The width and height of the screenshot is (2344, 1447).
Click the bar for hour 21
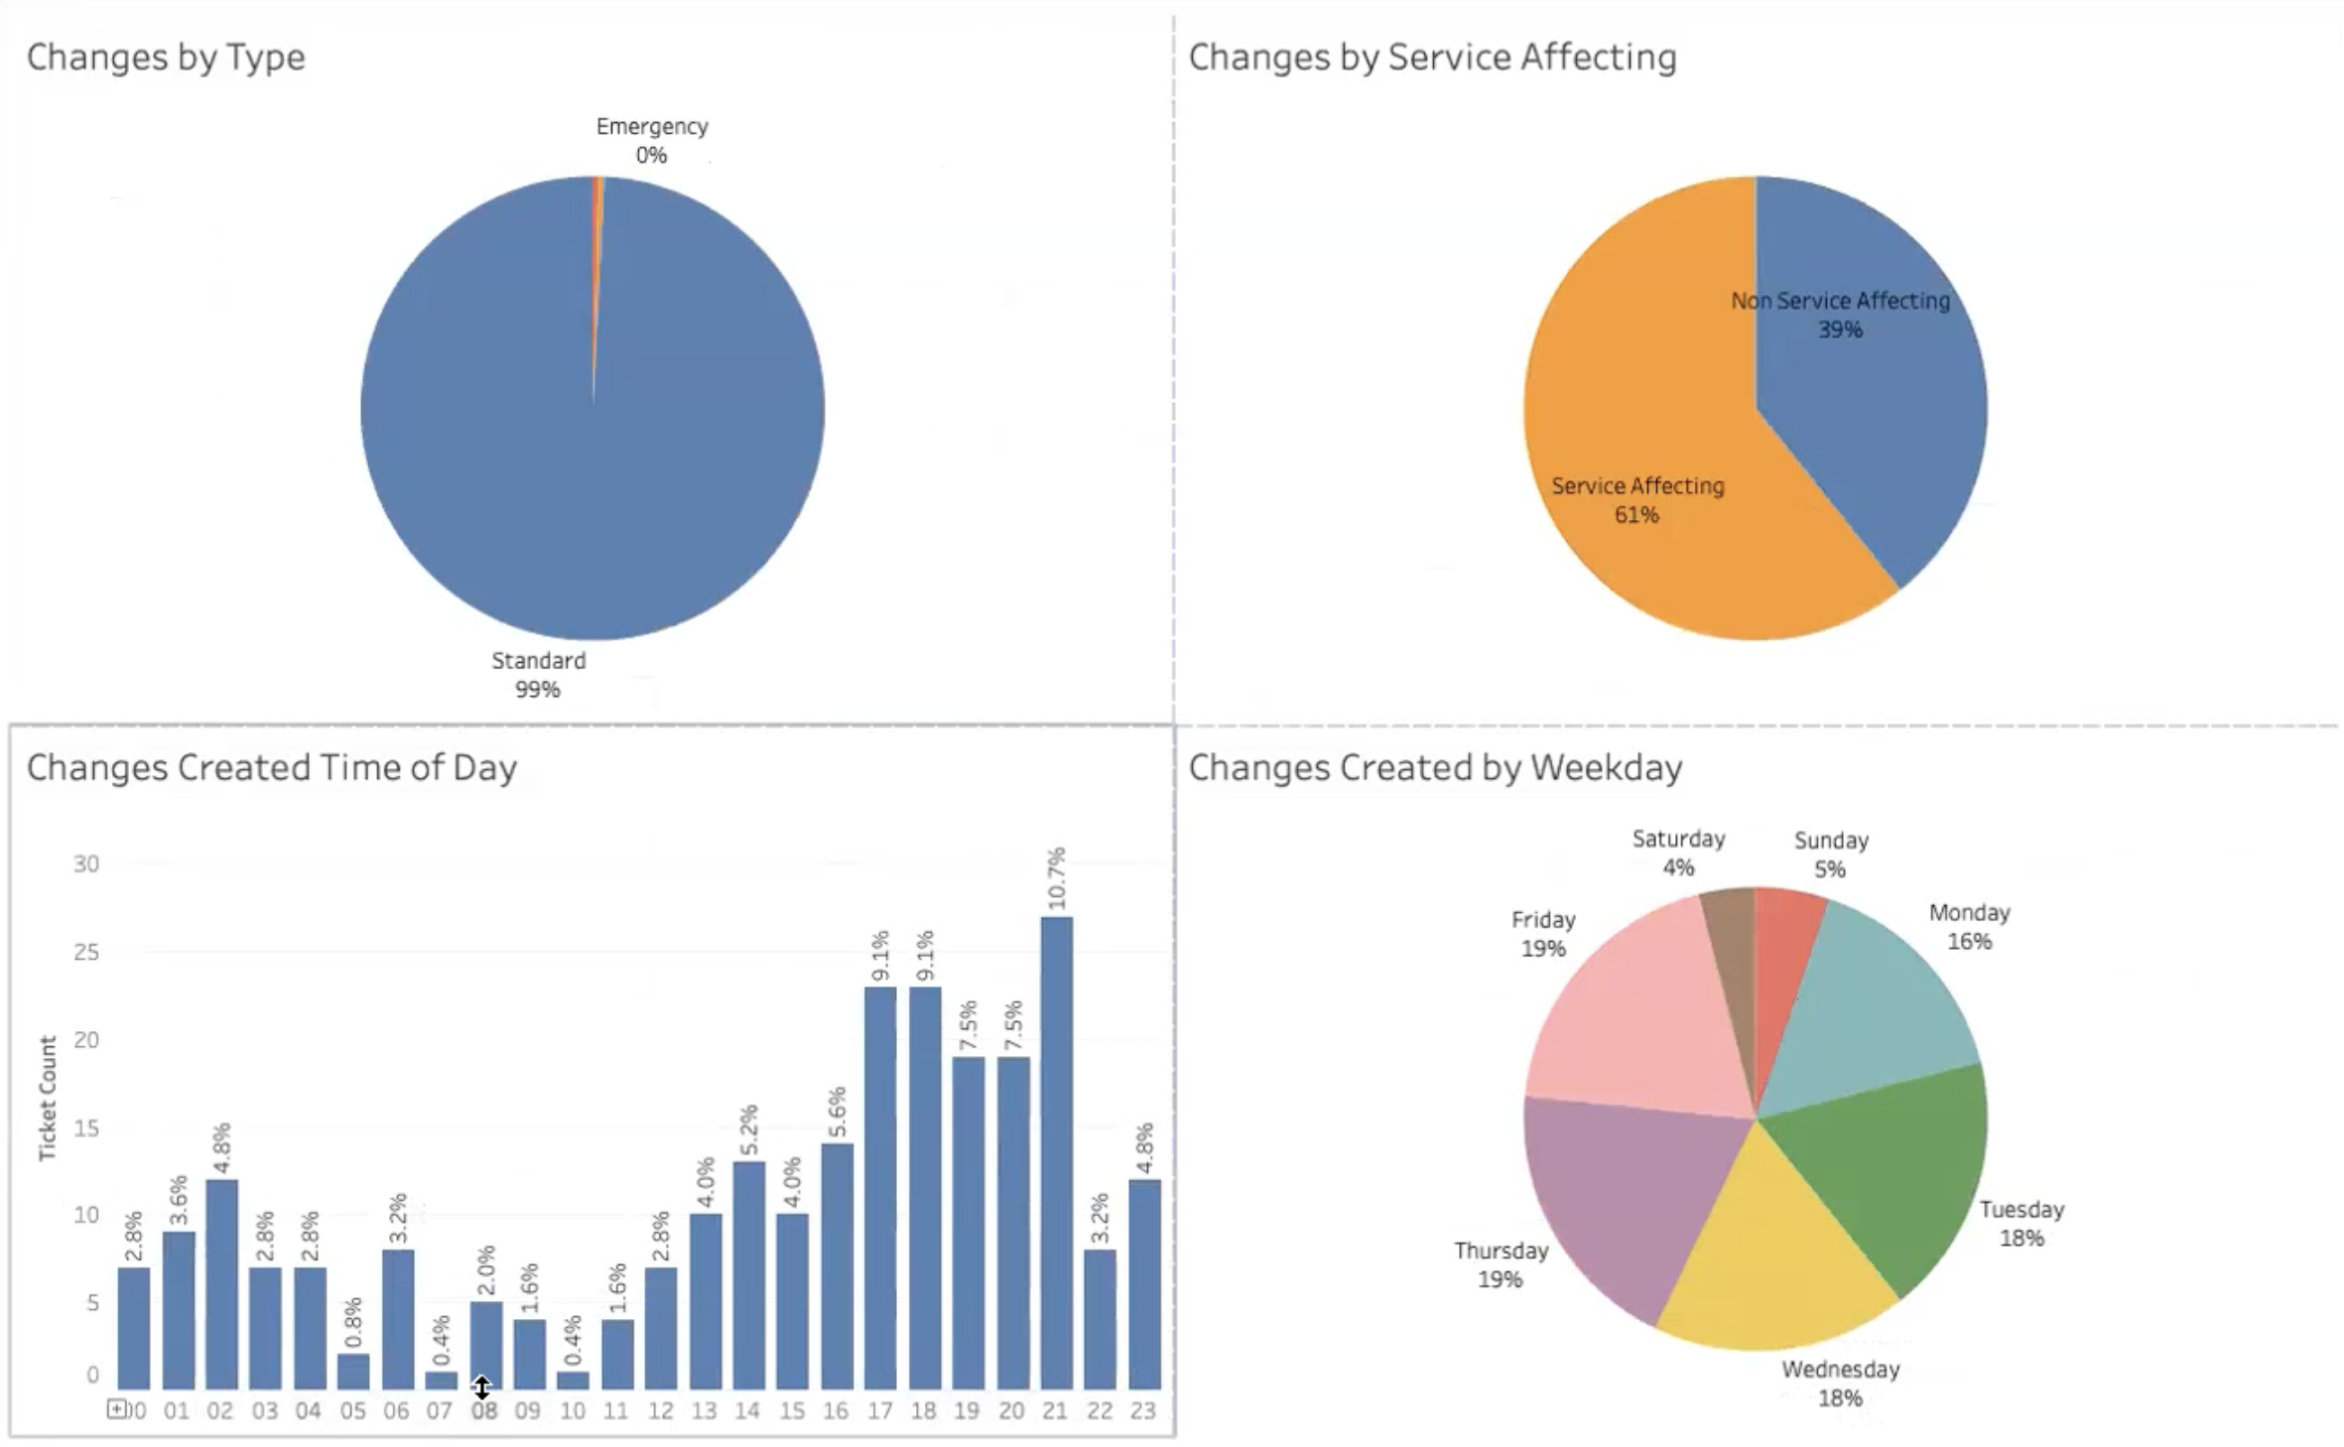(1056, 1151)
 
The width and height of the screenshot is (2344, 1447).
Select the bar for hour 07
(441, 1380)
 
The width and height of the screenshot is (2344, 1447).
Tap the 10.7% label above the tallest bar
(1056, 877)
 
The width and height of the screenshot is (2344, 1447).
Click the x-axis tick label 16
(836, 1410)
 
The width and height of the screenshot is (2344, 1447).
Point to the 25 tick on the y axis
(86, 952)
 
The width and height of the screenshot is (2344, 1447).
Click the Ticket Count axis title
(48, 1098)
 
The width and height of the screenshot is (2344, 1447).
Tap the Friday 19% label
(1543, 934)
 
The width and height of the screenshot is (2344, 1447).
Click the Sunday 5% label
(1831, 855)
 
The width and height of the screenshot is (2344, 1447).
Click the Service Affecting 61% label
(1637, 499)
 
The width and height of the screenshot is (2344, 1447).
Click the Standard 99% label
(539, 675)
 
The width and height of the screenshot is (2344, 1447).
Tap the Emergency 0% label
(652, 140)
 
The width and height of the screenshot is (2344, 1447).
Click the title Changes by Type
(166, 57)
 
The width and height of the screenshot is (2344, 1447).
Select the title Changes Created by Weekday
(1435, 767)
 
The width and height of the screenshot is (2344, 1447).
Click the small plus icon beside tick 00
(117, 1408)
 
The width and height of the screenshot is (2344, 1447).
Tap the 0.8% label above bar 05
(353, 1323)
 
